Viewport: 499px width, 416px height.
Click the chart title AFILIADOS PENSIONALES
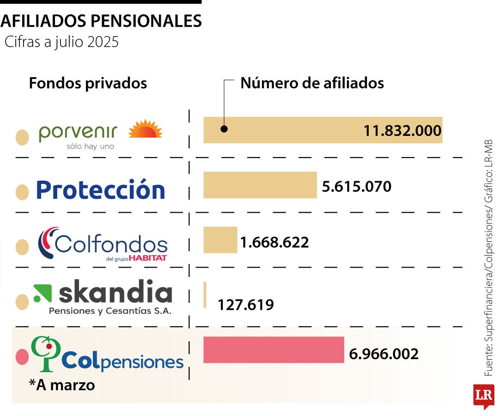101,21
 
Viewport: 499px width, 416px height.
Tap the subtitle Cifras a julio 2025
61,42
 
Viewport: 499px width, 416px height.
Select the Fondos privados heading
88,83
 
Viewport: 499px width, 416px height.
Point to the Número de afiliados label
312,83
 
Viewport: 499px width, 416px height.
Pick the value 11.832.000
402,131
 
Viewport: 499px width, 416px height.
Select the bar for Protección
260,185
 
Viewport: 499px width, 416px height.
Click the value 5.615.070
356,187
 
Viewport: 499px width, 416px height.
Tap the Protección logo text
100,190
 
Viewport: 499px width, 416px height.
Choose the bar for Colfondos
220,240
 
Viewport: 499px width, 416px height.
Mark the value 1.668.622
274,242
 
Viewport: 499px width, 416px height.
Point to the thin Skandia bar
205,295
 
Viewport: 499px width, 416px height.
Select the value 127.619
246,305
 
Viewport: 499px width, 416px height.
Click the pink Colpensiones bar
274,350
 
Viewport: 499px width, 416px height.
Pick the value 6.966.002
383,354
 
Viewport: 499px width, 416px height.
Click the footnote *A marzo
62,385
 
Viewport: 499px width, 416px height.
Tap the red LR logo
483,396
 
